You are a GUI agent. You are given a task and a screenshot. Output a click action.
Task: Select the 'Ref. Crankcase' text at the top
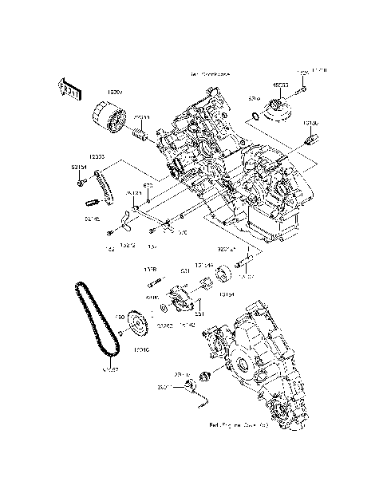click(210, 74)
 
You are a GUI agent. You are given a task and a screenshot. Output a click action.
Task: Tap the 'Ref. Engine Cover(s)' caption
click(240, 425)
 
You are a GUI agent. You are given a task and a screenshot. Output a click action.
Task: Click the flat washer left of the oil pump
click(165, 306)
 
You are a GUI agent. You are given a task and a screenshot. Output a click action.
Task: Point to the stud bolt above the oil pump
click(157, 279)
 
